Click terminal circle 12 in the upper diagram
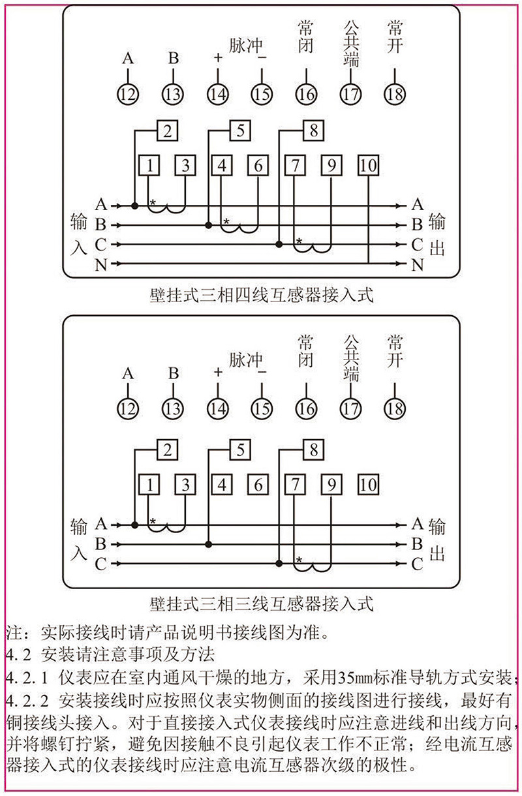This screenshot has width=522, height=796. pyautogui.click(x=128, y=94)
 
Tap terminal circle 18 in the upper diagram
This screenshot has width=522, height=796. pyautogui.click(x=394, y=94)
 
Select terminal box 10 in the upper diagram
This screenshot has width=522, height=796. pyautogui.click(x=368, y=166)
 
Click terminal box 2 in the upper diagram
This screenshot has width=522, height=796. pyautogui.click(x=168, y=130)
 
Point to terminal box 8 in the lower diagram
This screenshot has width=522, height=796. pyautogui.click(x=314, y=450)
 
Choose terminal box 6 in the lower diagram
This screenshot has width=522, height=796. pyautogui.click(x=258, y=485)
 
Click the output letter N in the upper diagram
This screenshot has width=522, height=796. pyautogui.click(x=418, y=264)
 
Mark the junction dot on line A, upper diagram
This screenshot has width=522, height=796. pyautogui.click(x=135, y=206)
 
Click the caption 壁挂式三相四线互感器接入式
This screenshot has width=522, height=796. pyautogui.click(x=260, y=295)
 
